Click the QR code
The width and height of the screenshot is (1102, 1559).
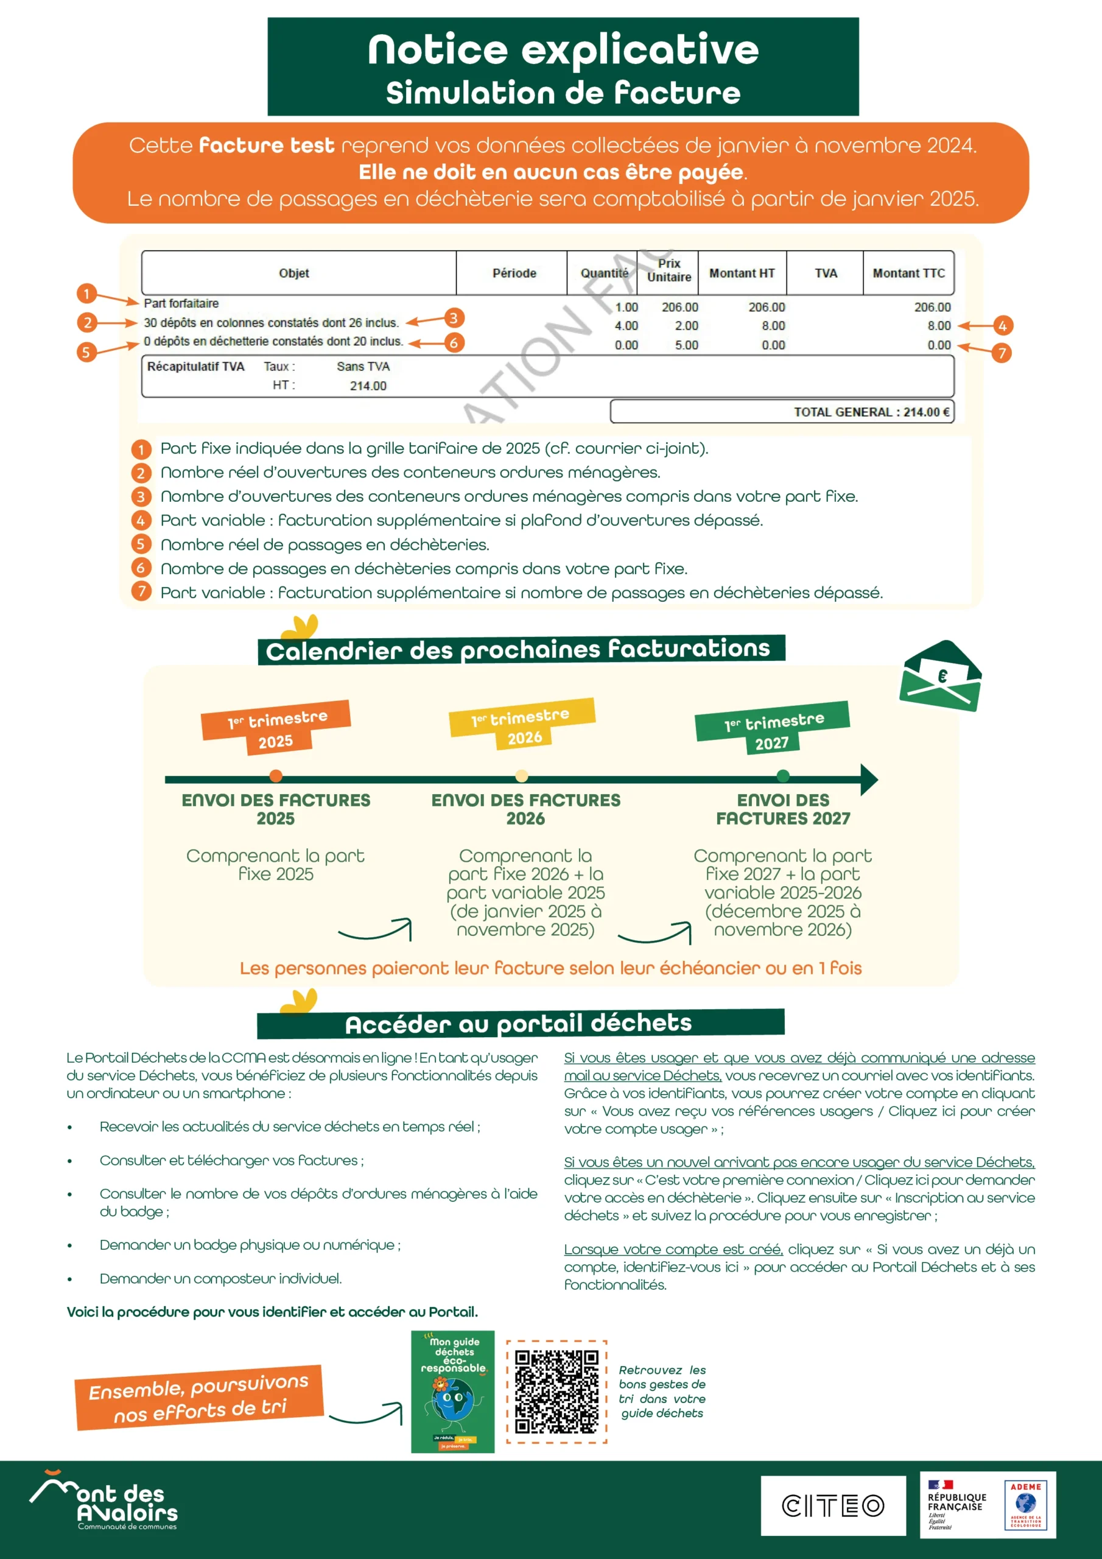pyautogui.click(x=556, y=1392)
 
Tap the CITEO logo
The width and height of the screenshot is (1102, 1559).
pyautogui.click(x=832, y=1505)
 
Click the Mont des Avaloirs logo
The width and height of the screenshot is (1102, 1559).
pyautogui.click(x=104, y=1501)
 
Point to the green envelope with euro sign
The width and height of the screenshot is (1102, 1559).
pyautogui.click(x=941, y=677)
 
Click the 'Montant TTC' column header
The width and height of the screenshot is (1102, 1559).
pyautogui.click(x=908, y=273)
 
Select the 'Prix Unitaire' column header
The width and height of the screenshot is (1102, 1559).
pyautogui.click(x=668, y=271)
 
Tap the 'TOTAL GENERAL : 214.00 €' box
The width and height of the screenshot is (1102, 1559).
pyautogui.click(x=782, y=412)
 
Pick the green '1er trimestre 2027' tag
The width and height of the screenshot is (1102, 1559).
pyautogui.click(x=773, y=727)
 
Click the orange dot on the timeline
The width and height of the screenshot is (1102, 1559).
pyautogui.click(x=276, y=776)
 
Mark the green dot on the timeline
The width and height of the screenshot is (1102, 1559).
pyautogui.click(x=783, y=776)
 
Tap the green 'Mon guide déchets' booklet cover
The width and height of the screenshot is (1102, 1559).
pyautogui.click(x=453, y=1392)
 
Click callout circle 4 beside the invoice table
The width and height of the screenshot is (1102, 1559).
pyautogui.click(x=1002, y=326)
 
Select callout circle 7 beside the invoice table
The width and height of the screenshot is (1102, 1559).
pyautogui.click(x=1002, y=353)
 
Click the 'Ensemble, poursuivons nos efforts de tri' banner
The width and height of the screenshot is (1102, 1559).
pyautogui.click(x=199, y=1398)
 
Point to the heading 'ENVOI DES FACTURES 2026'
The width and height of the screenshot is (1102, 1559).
pyautogui.click(x=525, y=809)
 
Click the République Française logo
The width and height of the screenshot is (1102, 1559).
pyautogui.click(x=956, y=1505)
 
